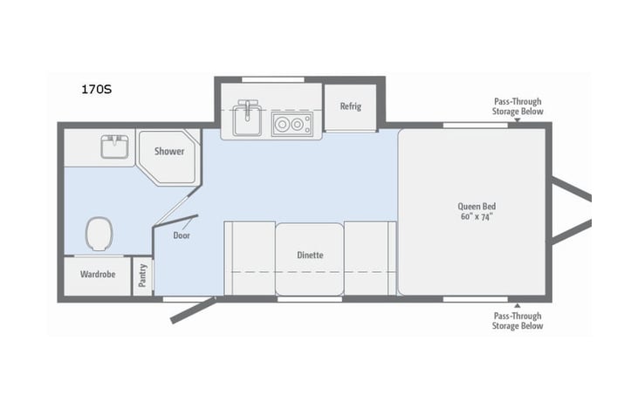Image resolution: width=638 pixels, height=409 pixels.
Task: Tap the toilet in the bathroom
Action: (x=99, y=234)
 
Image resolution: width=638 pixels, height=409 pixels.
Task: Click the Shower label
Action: (x=169, y=152)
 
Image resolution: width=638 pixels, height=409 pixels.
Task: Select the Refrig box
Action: (x=350, y=106)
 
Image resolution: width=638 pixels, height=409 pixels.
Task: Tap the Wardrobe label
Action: (x=98, y=275)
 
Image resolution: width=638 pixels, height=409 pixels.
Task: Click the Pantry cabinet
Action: (x=142, y=276)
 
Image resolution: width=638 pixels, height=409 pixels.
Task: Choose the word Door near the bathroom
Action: (x=182, y=235)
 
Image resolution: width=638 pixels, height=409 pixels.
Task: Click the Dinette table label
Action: (x=310, y=256)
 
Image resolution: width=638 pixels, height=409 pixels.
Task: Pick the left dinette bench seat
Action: (x=250, y=258)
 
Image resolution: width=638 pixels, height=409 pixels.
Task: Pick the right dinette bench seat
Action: (x=369, y=258)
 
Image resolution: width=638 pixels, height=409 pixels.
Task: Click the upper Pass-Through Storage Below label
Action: (x=518, y=106)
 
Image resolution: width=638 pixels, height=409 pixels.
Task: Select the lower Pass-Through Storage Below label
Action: (x=518, y=321)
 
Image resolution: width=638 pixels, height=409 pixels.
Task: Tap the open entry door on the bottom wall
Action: (x=193, y=310)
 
